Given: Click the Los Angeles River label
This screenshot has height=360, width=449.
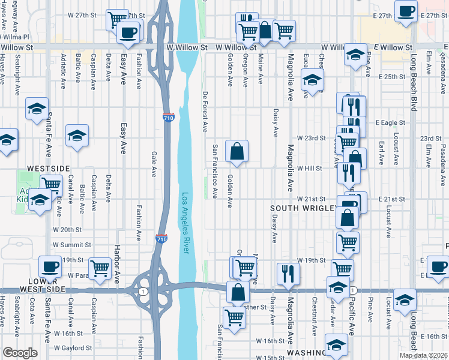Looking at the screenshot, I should click(x=185, y=223).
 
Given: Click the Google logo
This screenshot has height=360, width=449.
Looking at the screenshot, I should click(x=20, y=353).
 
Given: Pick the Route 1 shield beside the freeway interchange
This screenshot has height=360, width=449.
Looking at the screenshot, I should click(x=142, y=291).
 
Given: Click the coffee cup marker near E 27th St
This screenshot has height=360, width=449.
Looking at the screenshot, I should click(x=406, y=11).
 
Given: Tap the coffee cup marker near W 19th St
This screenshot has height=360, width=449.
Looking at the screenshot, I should click(x=50, y=266).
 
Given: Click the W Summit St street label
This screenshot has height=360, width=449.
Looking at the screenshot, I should click(x=71, y=245).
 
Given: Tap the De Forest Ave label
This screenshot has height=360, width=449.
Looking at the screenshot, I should click(x=205, y=112).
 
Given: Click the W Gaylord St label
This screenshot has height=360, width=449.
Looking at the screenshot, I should click(x=73, y=347).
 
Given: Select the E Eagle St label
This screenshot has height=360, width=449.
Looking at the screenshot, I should click(x=390, y=122).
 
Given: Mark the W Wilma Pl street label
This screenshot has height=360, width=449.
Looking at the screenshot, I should click(x=14, y=37).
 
